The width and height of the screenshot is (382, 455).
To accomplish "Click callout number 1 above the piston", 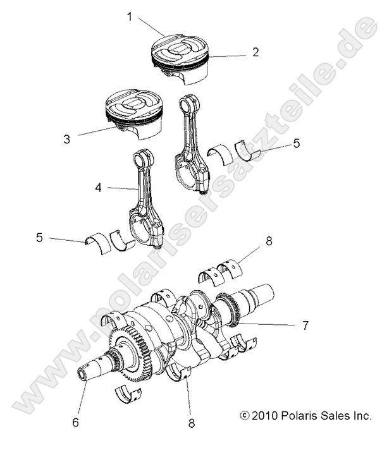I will pyautogui.click(x=130, y=17).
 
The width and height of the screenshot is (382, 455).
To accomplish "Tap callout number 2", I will pyautogui.click(x=255, y=52).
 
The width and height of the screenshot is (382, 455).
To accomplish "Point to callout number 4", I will pyautogui.click(x=99, y=188).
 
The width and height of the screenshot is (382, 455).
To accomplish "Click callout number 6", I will pyautogui.click(x=75, y=422).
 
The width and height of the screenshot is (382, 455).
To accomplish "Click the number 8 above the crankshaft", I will pyautogui.click(x=269, y=240).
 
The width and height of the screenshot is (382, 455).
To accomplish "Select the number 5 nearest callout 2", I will pyautogui.click(x=296, y=144).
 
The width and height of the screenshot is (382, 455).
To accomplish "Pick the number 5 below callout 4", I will pyautogui.click(x=39, y=238).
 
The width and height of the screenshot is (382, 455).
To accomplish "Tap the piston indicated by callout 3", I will pyautogui.click(x=134, y=112).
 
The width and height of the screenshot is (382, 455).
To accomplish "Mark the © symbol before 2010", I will pyautogui.click(x=244, y=416).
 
